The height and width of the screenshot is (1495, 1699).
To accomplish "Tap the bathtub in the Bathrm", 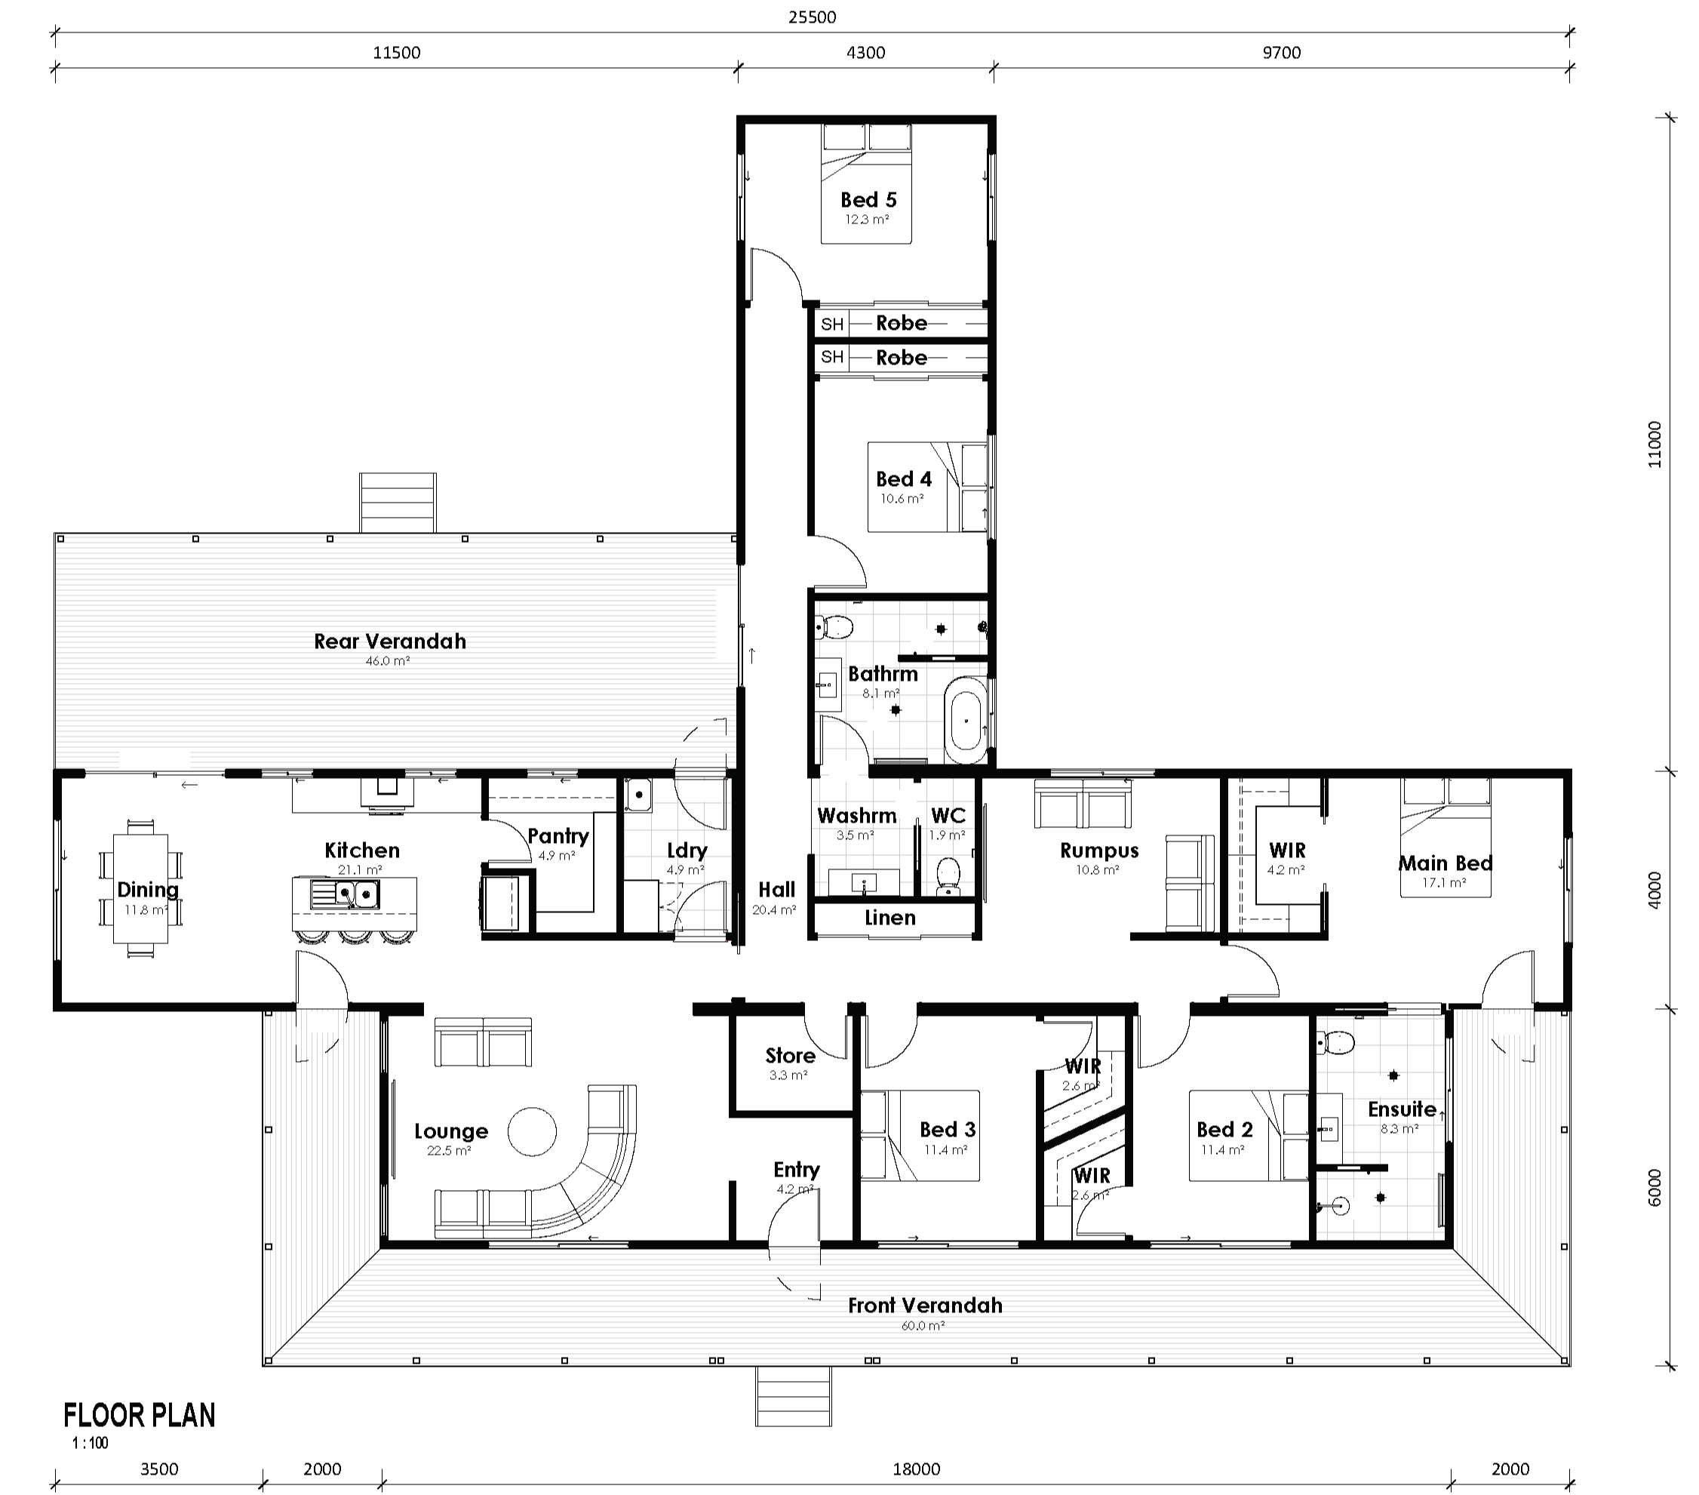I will [x=966, y=720].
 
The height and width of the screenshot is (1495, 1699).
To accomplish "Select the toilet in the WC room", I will [x=947, y=875].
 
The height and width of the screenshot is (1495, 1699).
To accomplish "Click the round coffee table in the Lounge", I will [x=532, y=1132].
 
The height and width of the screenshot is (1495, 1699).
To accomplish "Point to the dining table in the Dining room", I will [x=140, y=888].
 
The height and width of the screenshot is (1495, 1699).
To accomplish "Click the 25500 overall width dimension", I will [x=811, y=17].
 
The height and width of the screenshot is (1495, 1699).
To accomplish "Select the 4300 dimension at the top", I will [x=865, y=52].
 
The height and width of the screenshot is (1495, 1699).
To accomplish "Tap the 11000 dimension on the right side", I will [x=1654, y=445].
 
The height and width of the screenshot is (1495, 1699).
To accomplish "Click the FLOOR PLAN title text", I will [x=140, y=1415].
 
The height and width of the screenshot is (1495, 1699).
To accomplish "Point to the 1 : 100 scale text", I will [x=90, y=1444].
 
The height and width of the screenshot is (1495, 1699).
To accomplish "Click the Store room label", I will [x=790, y=1055].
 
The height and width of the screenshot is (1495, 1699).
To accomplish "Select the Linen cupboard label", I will [x=889, y=918].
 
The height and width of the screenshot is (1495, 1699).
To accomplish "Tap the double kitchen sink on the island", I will [x=345, y=894].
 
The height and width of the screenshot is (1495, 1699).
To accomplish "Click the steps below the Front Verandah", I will [x=793, y=1396].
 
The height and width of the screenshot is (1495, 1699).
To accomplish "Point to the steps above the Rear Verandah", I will [x=398, y=502].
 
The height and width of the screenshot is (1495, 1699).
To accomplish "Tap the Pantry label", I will [x=558, y=835].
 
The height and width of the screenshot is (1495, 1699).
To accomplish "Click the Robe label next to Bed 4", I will [x=901, y=358].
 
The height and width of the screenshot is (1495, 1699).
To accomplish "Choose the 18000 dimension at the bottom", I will [x=916, y=1469].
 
